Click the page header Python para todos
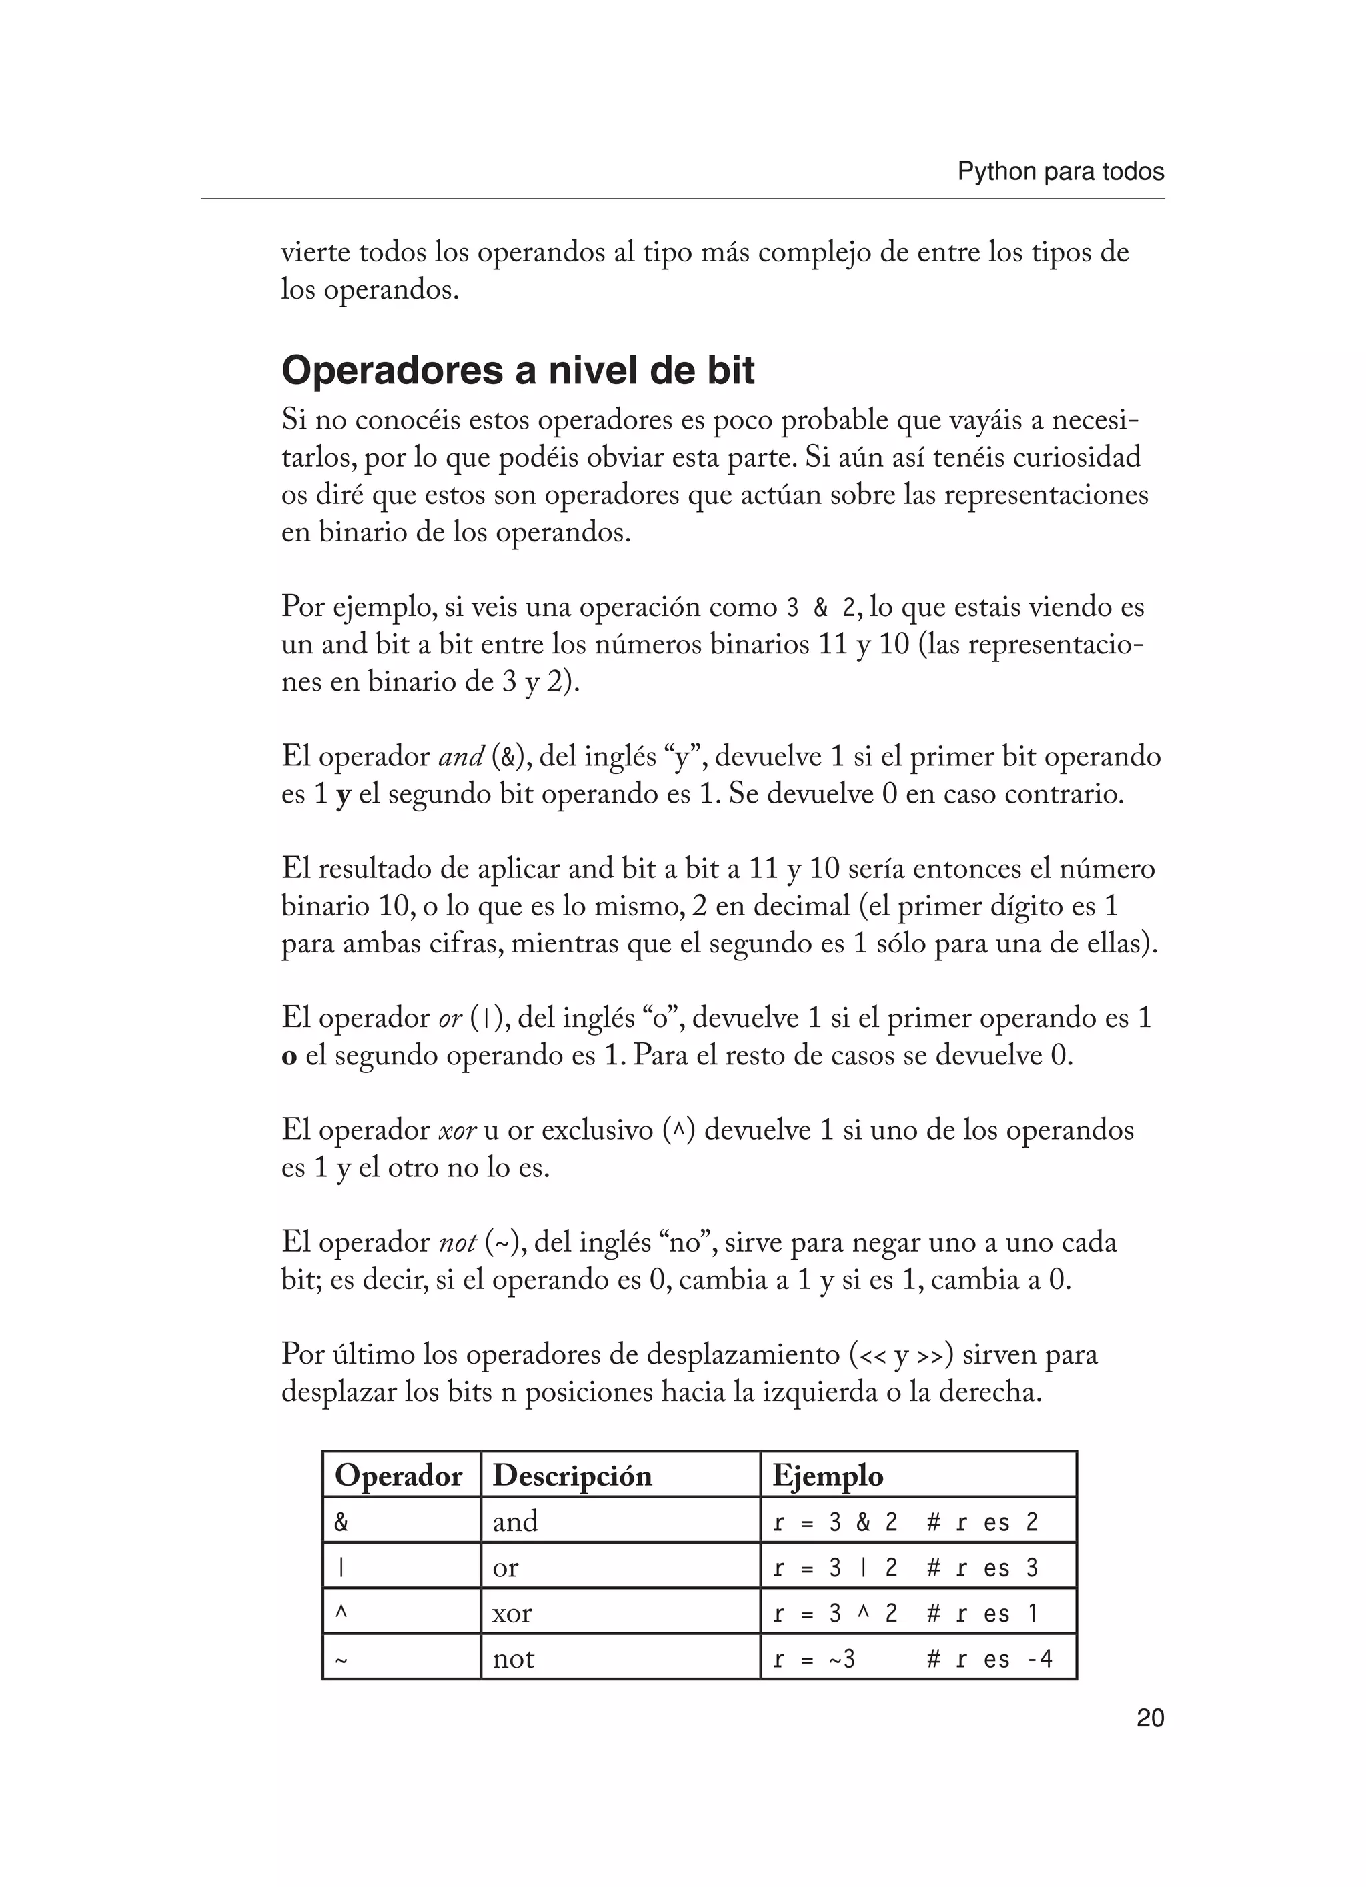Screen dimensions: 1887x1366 pos(1060,172)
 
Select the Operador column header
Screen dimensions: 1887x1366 pos(398,1475)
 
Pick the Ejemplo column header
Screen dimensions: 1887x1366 pos(828,1475)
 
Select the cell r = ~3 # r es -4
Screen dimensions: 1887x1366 pos(912,1659)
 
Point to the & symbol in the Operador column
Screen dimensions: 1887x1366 pos(341,1522)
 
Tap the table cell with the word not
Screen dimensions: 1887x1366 pos(513,1659)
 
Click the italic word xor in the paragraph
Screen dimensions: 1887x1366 pos(457,1130)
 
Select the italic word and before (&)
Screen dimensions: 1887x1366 pos(460,757)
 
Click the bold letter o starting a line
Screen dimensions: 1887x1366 pos(289,1058)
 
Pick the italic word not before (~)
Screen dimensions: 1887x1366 pos(457,1243)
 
